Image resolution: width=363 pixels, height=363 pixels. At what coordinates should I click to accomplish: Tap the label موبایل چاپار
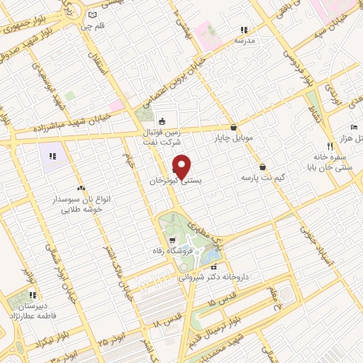pyautogui.click(x=235, y=139)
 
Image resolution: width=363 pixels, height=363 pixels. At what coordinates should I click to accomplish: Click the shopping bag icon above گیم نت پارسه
pyautogui.click(x=263, y=167)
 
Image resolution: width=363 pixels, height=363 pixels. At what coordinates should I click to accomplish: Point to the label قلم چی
pyautogui.click(x=96, y=26)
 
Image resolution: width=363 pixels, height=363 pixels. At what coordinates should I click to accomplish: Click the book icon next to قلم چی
pyautogui.click(x=91, y=15)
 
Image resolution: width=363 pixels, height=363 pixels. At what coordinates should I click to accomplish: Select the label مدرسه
pyautogui.click(x=244, y=41)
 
